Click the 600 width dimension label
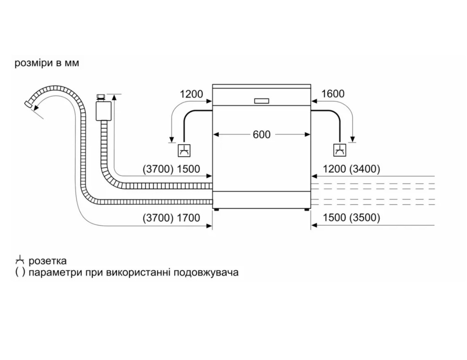(262, 134)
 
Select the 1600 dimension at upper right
(333, 94)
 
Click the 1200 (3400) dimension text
(351, 169)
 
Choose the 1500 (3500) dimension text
(351, 218)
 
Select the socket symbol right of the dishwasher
(340, 151)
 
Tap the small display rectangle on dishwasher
(262, 101)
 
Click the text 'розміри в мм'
(47, 64)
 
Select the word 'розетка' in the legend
(47, 261)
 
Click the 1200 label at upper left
(191, 94)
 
